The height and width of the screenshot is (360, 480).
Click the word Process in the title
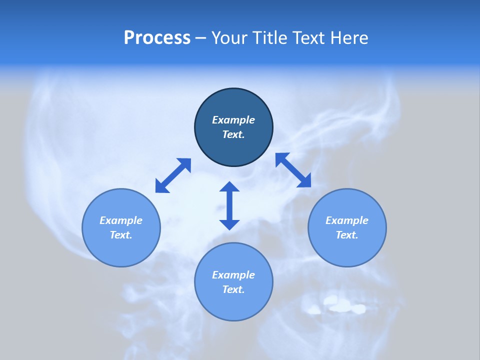coord(157,38)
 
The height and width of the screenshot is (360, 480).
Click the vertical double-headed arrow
coord(229,205)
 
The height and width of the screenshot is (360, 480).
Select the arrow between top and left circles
coord(173,175)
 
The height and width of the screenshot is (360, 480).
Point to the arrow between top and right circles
coord(293,170)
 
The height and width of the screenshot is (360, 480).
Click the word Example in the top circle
coord(233,120)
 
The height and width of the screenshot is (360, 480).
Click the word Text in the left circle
coord(121,235)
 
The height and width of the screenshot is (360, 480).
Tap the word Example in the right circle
coord(347,220)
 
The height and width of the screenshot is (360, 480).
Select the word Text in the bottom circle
coord(233,289)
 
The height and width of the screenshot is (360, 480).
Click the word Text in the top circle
coord(233,134)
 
